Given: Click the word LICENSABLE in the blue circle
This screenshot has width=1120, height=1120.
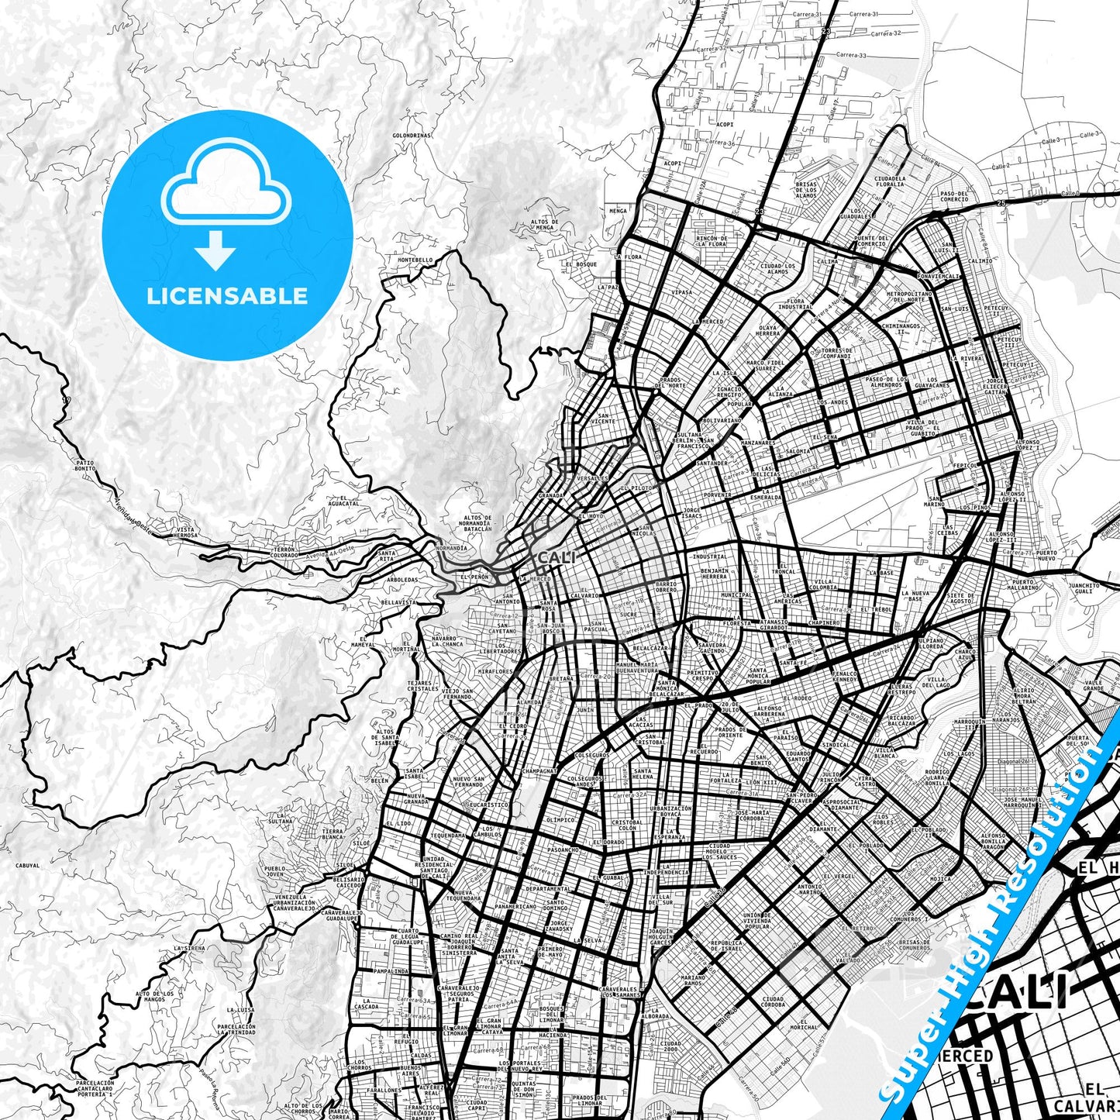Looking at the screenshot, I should [227, 295].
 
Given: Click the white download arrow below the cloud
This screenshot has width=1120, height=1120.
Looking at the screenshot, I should [215, 250].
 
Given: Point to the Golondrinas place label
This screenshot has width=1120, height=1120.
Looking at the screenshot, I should [412, 135].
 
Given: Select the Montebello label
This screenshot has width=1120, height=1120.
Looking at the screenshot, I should [415, 260].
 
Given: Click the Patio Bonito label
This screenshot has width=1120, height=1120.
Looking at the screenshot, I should [85, 466].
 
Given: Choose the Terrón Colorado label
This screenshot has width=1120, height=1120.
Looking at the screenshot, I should [284, 552].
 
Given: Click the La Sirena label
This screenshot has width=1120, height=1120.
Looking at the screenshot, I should [190, 948].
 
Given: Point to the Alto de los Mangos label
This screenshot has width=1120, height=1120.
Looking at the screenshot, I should [155, 996].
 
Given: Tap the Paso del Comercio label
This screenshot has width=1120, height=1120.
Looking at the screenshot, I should [953, 196].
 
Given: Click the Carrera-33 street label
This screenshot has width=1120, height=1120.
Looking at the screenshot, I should [851, 56].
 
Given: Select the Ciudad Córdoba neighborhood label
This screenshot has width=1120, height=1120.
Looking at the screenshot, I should [773, 1001].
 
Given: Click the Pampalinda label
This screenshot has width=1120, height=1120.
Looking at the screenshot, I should [391, 970].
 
